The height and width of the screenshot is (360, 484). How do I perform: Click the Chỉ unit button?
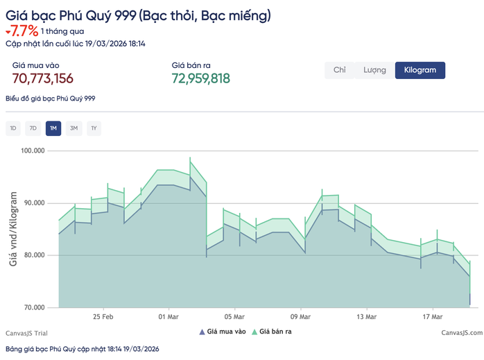pyautogui.click(x=340, y=70)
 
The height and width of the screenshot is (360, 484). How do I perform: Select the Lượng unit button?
pyautogui.click(x=374, y=70)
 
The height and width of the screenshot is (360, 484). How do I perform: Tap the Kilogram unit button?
pyautogui.click(x=420, y=70)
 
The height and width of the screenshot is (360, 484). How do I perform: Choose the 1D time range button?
pyautogui.click(x=13, y=128)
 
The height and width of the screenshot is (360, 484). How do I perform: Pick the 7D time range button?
pyautogui.click(x=33, y=128)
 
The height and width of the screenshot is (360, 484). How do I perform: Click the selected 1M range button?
pyautogui.click(x=53, y=128)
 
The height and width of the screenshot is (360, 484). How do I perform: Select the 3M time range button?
pyautogui.click(x=74, y=128)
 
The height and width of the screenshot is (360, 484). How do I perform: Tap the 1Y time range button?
pyautogui.click(x=94, y=128)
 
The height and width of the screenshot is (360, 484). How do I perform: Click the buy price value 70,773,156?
pyautogui.click(x=43, y=78)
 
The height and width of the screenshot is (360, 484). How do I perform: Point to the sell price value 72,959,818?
pyautogui.click(x=200, y=78)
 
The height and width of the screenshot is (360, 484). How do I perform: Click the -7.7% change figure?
pyautogui.click(x=22, y=32)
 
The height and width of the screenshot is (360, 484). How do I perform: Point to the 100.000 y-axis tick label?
pyautogui.click(x=33, y=151)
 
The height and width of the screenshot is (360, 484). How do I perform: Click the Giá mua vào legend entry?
pyautogui.click(x=223, y=332)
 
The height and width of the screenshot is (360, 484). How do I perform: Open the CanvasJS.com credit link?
pyautogui.click(x=461, y=333)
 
